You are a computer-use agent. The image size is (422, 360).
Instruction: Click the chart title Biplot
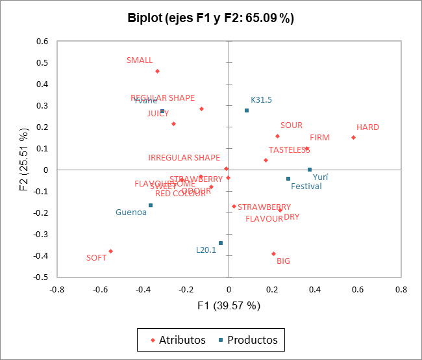211,18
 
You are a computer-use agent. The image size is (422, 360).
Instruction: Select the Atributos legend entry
177,340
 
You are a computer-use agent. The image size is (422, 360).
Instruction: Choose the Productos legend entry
247,340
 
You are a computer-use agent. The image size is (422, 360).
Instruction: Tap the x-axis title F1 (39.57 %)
229,305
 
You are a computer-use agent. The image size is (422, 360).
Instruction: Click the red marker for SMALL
157,71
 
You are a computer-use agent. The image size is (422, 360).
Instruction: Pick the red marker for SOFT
110,251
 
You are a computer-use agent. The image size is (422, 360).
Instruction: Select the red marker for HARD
353,137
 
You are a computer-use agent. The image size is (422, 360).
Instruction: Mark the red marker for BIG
273,253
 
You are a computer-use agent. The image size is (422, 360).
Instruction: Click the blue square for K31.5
247,110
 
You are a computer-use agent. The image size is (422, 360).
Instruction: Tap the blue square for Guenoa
151,205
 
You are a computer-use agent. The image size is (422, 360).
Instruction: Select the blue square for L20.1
221,243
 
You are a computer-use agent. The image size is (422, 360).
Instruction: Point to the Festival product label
306,186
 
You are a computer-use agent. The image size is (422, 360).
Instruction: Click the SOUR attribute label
292,125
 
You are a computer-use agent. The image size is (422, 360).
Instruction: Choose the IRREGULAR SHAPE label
184,158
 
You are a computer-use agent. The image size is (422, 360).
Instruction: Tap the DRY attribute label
292,217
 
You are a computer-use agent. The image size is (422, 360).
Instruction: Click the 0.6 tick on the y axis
42,41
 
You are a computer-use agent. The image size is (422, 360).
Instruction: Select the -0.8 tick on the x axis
57,290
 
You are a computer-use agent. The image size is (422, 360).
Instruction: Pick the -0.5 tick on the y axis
40,277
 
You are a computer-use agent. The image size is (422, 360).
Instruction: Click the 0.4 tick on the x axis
315,290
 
